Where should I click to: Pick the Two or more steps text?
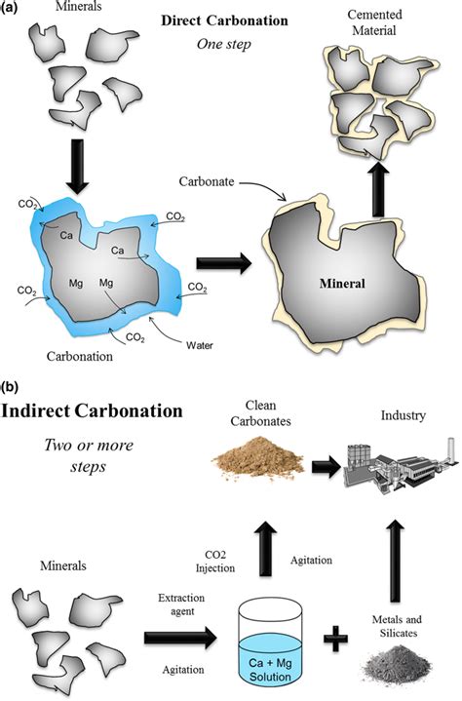(x=74, y=458)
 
